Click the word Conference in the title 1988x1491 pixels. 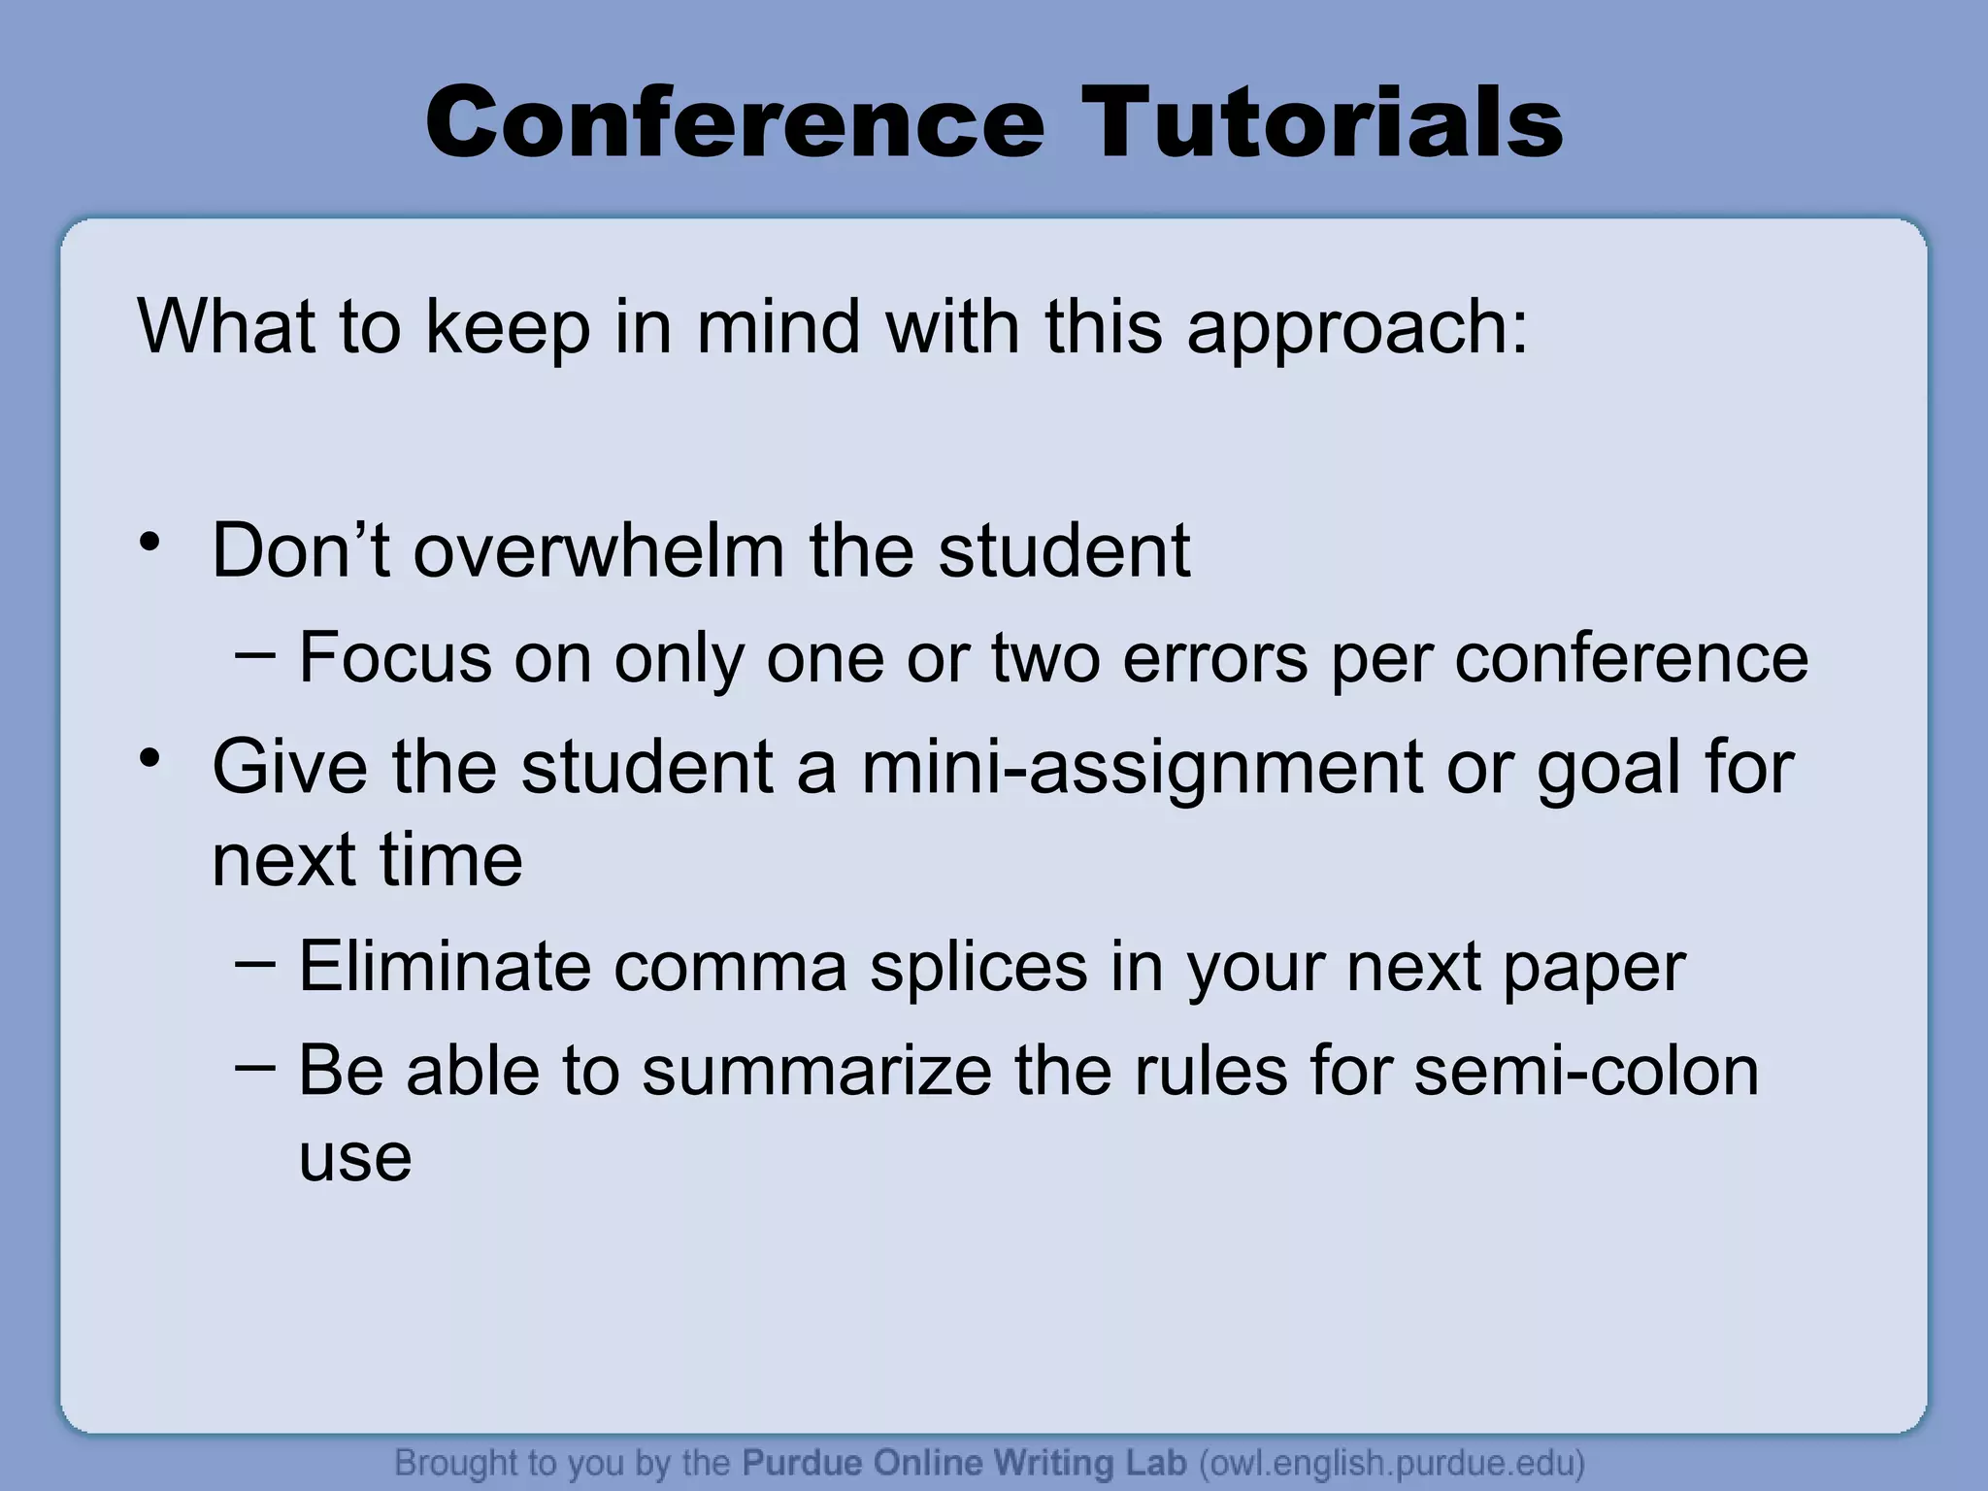tap(734, 123)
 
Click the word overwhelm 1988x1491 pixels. tap(599, 550)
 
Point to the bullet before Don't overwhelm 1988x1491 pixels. tap(149, 544)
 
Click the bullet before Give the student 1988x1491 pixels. tap(149, 758)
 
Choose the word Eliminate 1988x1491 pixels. tap(445, 967)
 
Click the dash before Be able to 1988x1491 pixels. tap(255, 1067)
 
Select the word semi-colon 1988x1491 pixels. tap(1585, 1072)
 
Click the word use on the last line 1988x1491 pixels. tap(355, 1158)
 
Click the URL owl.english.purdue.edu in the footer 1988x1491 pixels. tap(1392, 1463)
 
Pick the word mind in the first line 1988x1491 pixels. tap(778, 326)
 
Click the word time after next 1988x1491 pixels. tap(450, 861)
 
